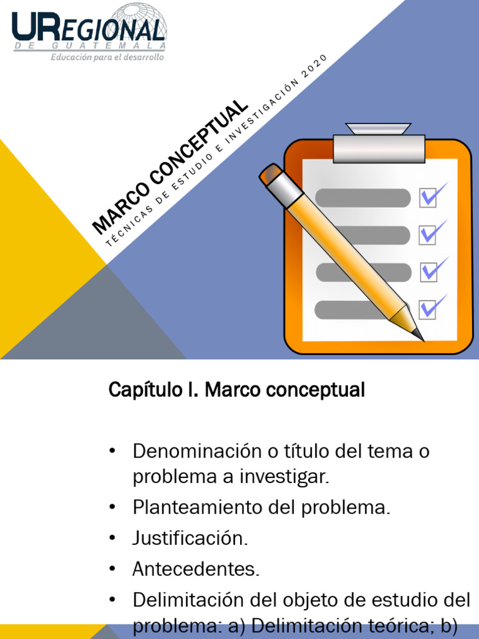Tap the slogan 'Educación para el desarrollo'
[x=107, y=57]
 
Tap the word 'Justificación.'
[x=190, y=538]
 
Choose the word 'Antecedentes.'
[x=196, y=568]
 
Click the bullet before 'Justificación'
[x=112, y=538]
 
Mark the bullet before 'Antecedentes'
[x=112, y=568]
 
